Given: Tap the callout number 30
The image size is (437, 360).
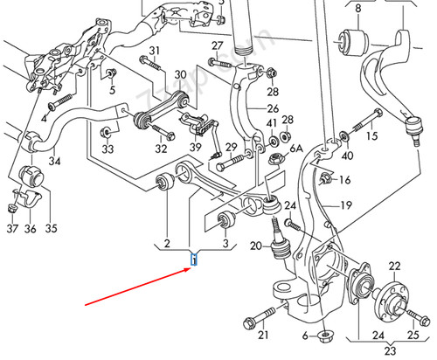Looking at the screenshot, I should (180, 75).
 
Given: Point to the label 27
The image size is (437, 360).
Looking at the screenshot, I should (218, 45).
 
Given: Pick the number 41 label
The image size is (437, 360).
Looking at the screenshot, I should (271, 123).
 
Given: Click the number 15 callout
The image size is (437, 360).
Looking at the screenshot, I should (372, 136).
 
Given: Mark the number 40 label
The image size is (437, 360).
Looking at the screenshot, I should (349, 156).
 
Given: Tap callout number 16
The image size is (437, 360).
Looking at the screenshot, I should (344, 180).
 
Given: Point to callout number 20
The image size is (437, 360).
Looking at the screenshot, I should (255, 246).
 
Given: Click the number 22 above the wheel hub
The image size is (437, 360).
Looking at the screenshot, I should (393, 266).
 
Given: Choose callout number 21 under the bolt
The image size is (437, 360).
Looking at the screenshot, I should (263, 336).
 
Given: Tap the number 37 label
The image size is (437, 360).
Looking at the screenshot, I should (12, 229).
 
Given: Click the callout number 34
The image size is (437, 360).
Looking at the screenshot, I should (54, 161).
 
